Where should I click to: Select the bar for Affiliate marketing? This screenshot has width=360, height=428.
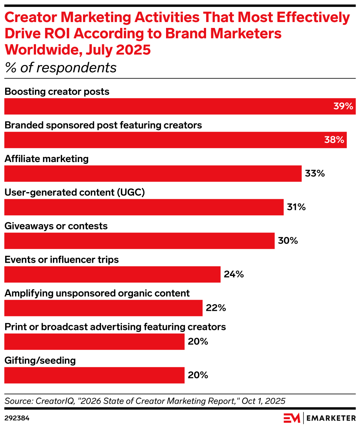pos(153,173)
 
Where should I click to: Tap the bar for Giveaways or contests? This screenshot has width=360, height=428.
pos(139,241)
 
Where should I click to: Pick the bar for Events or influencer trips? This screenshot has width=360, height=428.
pos(112,274)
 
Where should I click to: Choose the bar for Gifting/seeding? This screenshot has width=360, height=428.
pos(94,375)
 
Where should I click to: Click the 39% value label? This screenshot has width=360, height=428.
pos(343,107)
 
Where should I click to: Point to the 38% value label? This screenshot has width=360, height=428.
pos(334,140)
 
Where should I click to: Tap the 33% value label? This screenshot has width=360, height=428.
pos(315,173)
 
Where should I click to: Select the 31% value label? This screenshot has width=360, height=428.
pos(296,207)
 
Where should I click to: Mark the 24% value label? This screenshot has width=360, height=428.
pos(234,274)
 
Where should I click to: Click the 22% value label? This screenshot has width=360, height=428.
pos(216,308)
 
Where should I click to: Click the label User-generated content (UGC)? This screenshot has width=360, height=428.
pos(75,193)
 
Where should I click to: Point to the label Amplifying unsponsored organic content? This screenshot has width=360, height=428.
pos(97,293)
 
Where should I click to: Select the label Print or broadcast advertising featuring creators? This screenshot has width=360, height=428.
pos(115,327)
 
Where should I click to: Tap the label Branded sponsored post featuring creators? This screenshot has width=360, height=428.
pos(103,125)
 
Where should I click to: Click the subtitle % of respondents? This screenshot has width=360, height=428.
pos(60,68)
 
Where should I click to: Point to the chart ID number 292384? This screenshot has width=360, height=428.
pos(17,418)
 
